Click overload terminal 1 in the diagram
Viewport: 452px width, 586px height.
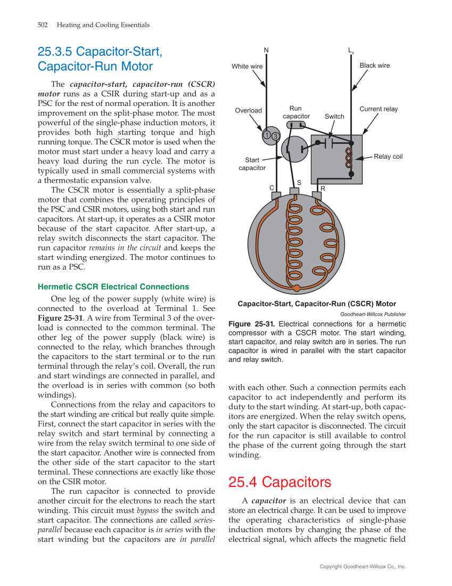pos(266,134)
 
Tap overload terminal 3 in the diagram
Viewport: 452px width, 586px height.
pos(275,137)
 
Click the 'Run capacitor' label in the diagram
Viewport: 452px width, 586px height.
pos(296,112)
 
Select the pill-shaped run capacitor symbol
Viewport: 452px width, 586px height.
pos(295,125)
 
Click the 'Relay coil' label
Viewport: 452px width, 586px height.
pos(388,157)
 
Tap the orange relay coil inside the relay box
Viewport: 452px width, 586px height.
pos(350,158)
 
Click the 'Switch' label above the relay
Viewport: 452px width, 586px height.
pos(334,117)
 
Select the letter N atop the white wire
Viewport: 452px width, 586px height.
pos(266,50)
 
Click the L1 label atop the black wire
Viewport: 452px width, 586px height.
pos(351,51)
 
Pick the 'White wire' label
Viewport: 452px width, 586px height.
pos(247,67)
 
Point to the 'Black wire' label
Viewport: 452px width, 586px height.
pos(375,66)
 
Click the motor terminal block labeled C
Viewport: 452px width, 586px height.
pos(276,196)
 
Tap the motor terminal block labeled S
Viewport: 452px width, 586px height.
pos(294,191)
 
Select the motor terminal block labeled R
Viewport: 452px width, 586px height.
pos(317,196)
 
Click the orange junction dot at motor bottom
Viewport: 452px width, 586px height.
pos(297,289)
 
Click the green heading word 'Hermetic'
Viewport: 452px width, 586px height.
pos(55,287)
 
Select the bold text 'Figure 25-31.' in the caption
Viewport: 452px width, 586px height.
pos(251,324)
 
